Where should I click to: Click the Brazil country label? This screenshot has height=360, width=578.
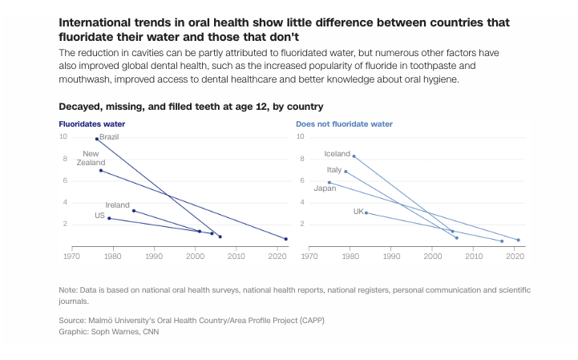pos(109,137)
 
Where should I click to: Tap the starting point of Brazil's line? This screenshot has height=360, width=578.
pos(97,140)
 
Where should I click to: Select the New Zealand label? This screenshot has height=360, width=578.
pos(91,158)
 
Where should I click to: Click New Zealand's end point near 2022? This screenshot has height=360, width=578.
pos(286,239)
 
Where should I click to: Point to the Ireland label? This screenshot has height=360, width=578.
pos(118,205)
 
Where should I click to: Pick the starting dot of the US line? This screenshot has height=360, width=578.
pos(109,218)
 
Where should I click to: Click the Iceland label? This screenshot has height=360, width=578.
pos(338,153)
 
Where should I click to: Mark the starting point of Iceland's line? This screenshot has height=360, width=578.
pos(354,156)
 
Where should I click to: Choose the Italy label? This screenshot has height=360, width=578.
pos(334,170)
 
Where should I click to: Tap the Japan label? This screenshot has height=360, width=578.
pos(325,188)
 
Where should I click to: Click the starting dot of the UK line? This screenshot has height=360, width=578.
pos(366,212)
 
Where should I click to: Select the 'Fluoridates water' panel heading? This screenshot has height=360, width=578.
pos(92,124)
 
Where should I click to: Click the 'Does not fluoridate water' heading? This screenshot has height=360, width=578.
pos(344,124)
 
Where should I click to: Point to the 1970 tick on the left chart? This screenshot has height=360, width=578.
pos(71,257)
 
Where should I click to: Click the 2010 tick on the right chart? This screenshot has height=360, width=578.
pos(474,257)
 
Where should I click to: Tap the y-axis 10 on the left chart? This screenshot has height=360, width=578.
pos(63,136)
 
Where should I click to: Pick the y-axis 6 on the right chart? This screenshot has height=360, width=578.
pos(301,180)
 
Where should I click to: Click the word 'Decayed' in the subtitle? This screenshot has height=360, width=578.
pos(81,107)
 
